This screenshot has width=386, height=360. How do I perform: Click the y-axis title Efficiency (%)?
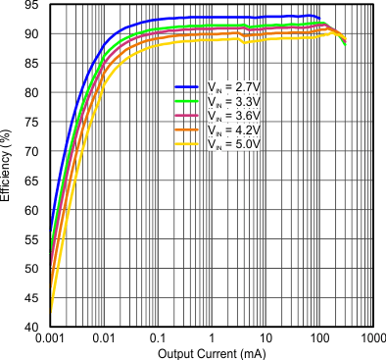point(9,167)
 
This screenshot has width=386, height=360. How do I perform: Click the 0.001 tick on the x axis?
point(49,338)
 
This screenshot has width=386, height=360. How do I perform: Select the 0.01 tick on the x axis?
point(103,338)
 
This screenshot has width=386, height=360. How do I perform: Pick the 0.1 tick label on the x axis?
point(157,338)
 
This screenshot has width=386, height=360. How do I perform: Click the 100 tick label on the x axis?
point(318,338)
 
